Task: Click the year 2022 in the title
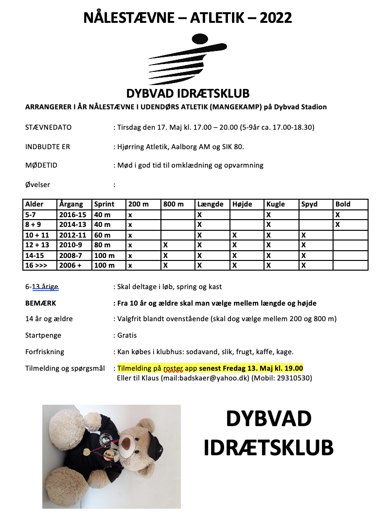tap(276, 18)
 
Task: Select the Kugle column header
tap(276, 205)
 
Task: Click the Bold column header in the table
tap(343, 205)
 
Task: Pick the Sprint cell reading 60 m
tap(102, 235)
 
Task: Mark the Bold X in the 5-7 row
tap(337, 214)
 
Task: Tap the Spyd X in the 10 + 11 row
tap(303, 235)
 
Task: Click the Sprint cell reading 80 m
tap(102, 245)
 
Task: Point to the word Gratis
tap(127, 335)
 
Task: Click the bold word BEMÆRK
tap(41, 303)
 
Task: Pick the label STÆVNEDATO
tap(48, 127)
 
